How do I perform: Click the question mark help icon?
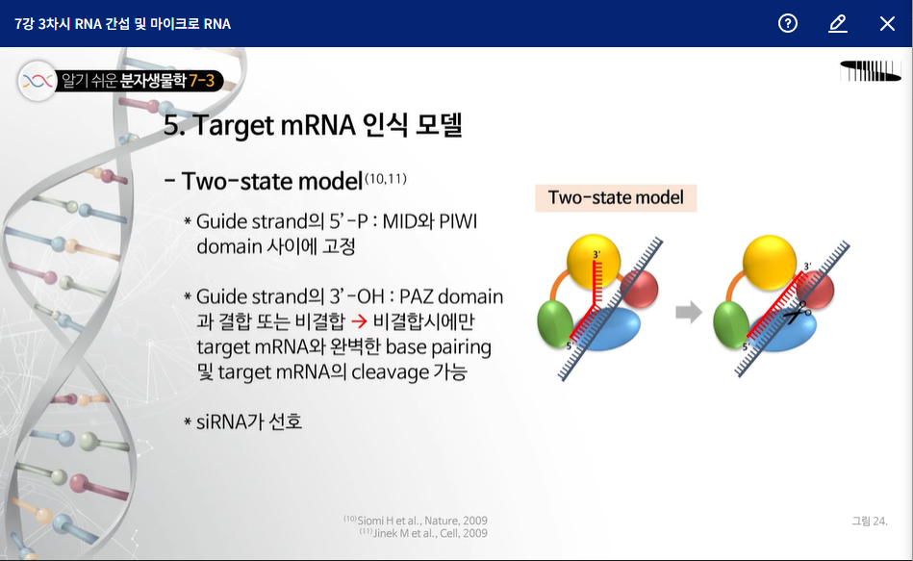[x=788, y=23]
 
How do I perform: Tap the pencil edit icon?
[x=837, y=23]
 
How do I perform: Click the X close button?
[x=887, y=23]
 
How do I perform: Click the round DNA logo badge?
[x=38, y=81]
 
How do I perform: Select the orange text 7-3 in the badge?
[x=201, y=81]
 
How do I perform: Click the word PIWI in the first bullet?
[x=458, y=221]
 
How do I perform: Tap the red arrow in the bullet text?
[x=359, y=321]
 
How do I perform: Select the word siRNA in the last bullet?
[x=221, y=421]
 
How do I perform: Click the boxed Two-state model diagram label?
[x=616, y=198]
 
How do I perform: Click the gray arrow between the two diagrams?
[x=689, y=312]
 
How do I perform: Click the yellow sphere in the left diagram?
[x=594, y=262]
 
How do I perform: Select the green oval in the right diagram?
[x=731, y=325]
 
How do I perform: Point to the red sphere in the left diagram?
[x=641, y=289]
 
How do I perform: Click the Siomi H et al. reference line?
[x=416, y=521]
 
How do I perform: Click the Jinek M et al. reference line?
[x=423, y=533]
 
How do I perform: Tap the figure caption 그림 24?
[x=870, y=521]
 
